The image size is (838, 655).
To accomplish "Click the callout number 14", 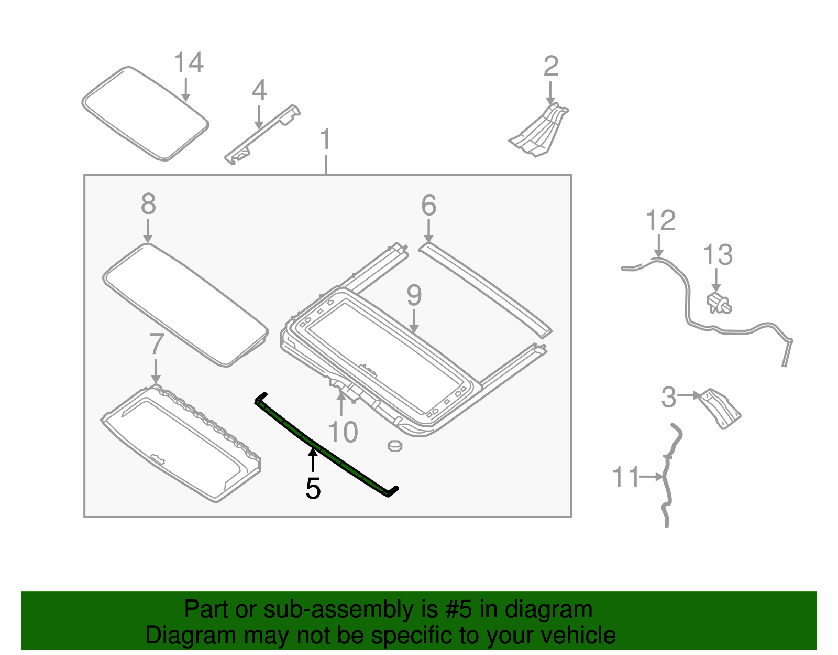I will pyautogui.click(x=189, y=63).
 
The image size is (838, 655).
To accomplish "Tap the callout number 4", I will pyautogui.click(x=259, y=91).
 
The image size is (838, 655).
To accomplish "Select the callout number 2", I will pyautogui.click(x=551, y=67).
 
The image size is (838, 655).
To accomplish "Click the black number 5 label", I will pyautogui.click(x=313, y=489).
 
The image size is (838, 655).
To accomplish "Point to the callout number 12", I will pyautogui.click(x=660, y=221).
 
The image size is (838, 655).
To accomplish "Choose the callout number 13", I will pyautogui.click(x=718, y=255).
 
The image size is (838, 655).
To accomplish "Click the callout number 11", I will pyautogui.click(x=626, y=477).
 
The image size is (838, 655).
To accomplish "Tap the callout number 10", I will pyautogui.click(x=343, y=432).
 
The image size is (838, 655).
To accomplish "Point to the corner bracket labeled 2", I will pyautogui.click(x=539, y=131).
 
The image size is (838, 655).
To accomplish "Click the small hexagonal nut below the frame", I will pyautogui.click(x=394, y=446).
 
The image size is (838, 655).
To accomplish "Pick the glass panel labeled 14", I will pyautogui.click(x=146, y=113).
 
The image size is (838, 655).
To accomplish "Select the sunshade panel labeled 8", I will pyautogui.click(x=186, y=304).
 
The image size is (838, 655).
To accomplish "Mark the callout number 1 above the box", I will pyautogui.click(x=326, y=139).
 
